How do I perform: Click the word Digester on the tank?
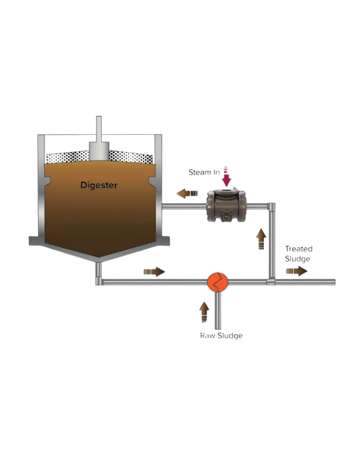tap(99, 185)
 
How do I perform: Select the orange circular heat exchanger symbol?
tap(218, 282)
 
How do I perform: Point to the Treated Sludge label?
tap(298, 254)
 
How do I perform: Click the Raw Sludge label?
tap(221, 336)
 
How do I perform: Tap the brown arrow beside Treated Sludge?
tap(296, 271)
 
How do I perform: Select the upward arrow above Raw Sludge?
tap(204, 309)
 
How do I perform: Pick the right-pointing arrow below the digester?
tap(154, 272)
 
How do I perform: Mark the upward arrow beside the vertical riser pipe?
tap(261, 237)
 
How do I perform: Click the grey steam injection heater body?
tap(226, 206)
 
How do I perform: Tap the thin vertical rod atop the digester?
tap(98, 129)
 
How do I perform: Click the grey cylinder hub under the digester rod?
tap(98, 151)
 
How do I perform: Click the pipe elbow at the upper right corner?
tap(271, 206)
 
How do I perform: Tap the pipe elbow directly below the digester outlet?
tap(99, 282)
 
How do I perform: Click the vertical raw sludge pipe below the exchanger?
tap(218, 311)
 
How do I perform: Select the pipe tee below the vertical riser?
tap(270, 282)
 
